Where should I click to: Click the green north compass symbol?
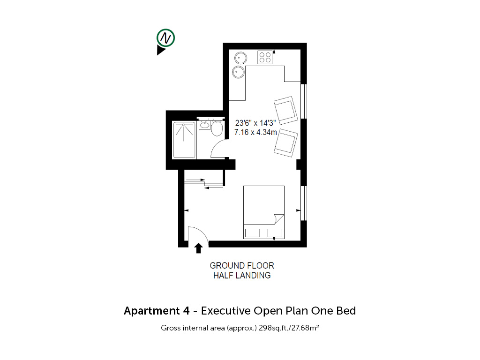click(165, 38)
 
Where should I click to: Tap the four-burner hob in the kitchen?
click(265, 57)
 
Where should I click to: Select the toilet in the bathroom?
click(217, 128)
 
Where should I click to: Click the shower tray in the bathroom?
click(184, 140)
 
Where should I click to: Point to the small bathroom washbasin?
click(204, 125)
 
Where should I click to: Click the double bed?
click(264, 212)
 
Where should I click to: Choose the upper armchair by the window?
click(285, 110)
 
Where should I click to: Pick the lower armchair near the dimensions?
click(286, 143)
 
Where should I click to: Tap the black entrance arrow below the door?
click(199, 248)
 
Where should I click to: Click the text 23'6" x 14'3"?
click(255, 123)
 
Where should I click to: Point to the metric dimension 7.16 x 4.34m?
click(255, 132)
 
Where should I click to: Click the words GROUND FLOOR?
click(242, 266)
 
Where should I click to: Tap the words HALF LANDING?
click(242, 276)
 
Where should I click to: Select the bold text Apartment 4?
click(157, 311)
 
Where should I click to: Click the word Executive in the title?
click(225, 311)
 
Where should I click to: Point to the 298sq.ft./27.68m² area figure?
click(289, 328)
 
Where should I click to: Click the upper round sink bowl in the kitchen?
click(240, 58)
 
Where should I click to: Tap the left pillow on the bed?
click(253, 233)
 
